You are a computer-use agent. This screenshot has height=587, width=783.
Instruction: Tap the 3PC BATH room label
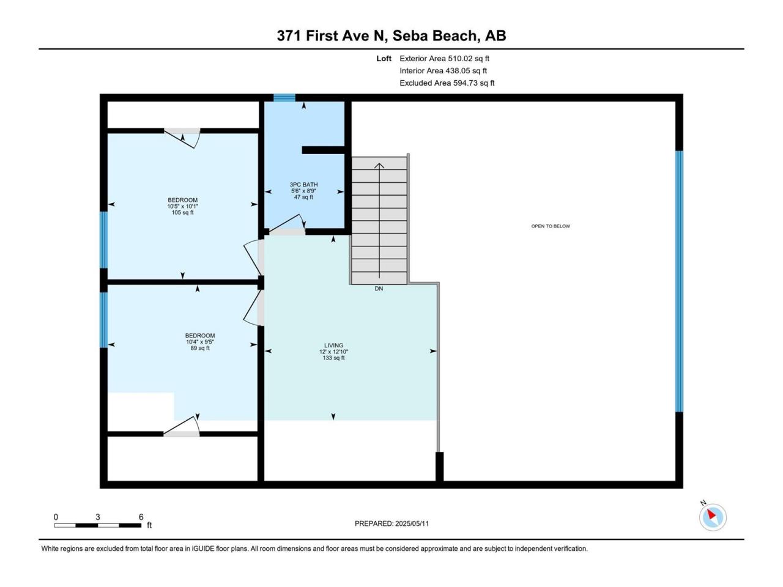coord(303,185)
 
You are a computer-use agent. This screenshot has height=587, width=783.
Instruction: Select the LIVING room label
coord(333,345)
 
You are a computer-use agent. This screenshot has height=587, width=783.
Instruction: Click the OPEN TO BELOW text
coord(551,226)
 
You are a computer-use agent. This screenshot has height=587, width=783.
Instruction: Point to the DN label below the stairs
coord(379,289)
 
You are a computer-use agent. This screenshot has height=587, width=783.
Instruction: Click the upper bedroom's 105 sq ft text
coord(183,213)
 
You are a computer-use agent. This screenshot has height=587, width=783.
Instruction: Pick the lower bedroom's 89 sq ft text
coord(200,348)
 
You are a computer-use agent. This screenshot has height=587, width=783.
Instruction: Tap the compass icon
coord(713,517)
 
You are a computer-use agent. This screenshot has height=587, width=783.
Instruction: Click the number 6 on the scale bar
coord(141,517)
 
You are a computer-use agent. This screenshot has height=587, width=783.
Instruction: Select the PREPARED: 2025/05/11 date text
coord(391,523)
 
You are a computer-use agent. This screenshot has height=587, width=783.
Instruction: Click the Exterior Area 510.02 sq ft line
coord(445,59)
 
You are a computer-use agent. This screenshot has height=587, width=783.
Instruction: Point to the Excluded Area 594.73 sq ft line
coord(447,83)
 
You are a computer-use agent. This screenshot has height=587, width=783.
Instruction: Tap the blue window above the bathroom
coord(284,98)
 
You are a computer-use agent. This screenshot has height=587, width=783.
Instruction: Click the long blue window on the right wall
coord(679,281)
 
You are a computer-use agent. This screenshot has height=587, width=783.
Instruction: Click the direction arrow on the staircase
coord(379,221)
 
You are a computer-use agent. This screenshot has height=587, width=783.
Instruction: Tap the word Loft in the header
coord(384,59)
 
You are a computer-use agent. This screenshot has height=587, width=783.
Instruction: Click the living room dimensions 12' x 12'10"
coord(333,352)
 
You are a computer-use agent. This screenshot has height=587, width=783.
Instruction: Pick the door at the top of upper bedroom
coord(182,138)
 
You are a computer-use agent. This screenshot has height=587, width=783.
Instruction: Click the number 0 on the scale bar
coord(56,517)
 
